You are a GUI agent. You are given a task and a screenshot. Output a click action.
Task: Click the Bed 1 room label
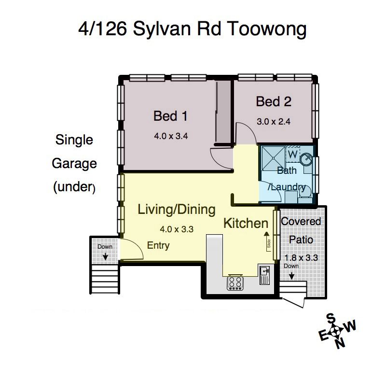coord(170,116)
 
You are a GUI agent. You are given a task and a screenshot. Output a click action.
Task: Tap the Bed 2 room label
coord(274,101)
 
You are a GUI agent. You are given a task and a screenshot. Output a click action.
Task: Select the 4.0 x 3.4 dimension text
coord(171,136)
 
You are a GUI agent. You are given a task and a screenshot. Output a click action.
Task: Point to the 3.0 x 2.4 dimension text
coord(274,122)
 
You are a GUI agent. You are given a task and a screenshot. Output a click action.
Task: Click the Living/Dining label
coord(177,210)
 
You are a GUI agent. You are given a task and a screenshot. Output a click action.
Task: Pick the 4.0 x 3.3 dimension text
coord(177,229)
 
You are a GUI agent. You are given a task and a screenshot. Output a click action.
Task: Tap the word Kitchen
coord(246,223)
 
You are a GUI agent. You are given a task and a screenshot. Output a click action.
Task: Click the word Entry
coord(158,245)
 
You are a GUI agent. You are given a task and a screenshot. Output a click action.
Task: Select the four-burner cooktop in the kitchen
coord(235,282)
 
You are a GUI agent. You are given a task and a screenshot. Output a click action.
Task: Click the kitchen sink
coord(265,275)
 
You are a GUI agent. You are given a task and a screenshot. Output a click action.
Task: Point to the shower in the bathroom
coord(273,158)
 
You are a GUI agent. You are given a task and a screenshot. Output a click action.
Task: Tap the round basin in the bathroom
coord(306,159)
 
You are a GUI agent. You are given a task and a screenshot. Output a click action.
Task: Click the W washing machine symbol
coord(292,155)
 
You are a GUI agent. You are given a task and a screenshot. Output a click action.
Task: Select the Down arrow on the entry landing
coord(105,256)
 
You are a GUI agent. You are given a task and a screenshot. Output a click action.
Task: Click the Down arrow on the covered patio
coord(291,276)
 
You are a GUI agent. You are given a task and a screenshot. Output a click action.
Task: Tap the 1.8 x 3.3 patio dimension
coord(301,258)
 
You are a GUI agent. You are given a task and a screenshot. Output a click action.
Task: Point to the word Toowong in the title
coord(267,29)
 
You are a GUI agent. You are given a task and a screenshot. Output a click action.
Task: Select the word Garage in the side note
coord(74,164)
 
